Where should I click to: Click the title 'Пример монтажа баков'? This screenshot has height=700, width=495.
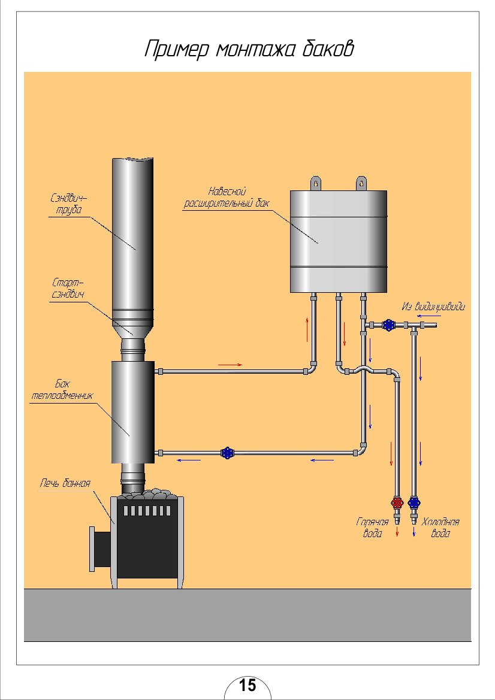pos(248,49)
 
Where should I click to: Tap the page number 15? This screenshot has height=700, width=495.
pos(248,684)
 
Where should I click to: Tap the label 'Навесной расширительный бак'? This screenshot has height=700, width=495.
pos(227,197)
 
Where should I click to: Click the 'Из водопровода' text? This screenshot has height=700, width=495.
pos(433,307)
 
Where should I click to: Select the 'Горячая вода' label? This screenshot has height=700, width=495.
pos(372,527)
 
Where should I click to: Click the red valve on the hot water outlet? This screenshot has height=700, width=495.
pos(397,502)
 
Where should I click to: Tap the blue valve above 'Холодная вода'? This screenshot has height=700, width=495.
pos(413,502)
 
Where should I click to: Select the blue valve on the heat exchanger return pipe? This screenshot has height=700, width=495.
pos(227,453)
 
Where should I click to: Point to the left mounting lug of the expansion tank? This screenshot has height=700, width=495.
pos(315,183)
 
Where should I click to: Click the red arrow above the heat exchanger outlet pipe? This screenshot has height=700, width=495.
pos(231,364)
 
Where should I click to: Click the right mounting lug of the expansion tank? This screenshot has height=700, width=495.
pos(361,183)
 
